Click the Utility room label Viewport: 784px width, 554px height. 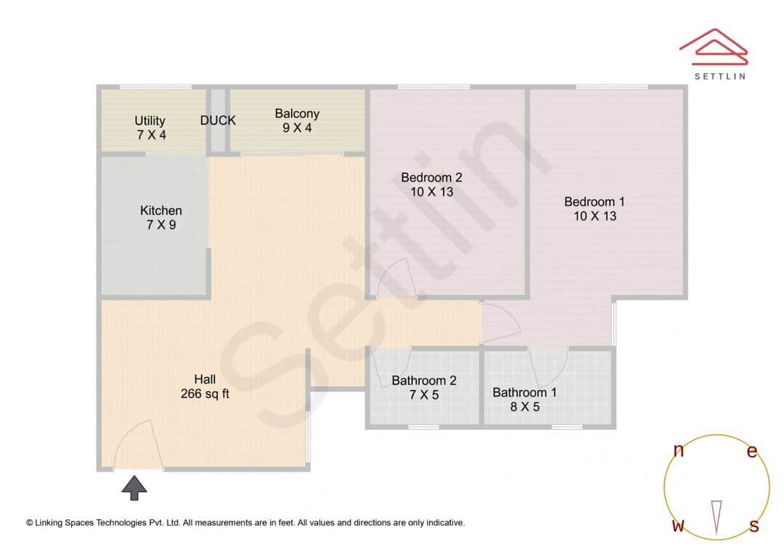click(150, 120)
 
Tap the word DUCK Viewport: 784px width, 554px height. click(218, 120)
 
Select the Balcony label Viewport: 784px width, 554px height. click(297, 113)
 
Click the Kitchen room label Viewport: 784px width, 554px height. click(161, 210)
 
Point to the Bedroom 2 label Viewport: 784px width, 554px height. click(431, 177)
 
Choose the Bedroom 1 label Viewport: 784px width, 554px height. click(594, 202)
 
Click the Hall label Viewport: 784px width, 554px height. click(205, 379)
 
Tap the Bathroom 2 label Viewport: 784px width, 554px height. click(424, 380)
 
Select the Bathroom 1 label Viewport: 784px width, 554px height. click(524, 392)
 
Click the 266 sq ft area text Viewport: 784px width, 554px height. click(205, 394)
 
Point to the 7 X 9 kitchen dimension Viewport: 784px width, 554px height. click(161, 225)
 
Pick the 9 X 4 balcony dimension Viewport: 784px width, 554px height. click(297, 128)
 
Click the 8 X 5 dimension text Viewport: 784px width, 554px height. click(524, 407)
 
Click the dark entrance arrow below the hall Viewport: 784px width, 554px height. click(134, 487)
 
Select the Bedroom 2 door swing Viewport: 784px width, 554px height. click(396, 279)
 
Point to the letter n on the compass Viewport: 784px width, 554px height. click(679, 450)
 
